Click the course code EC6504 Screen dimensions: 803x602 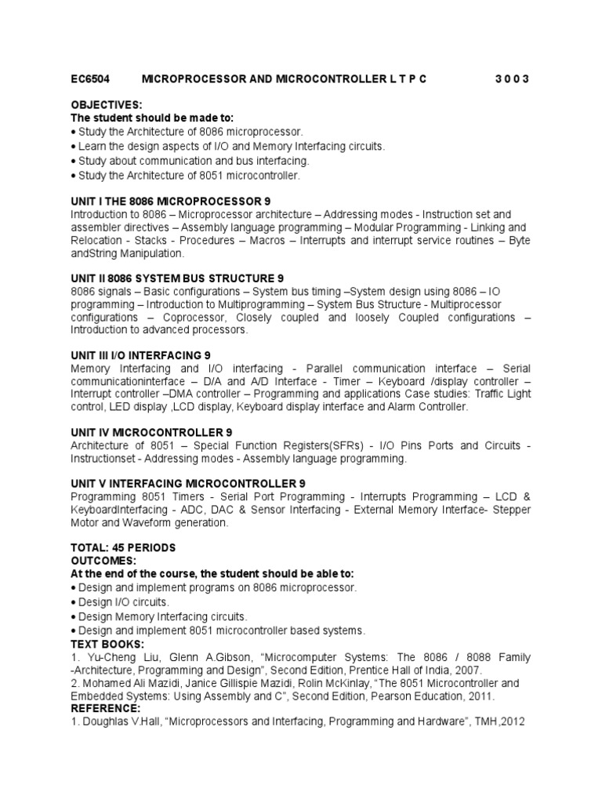pos(90,79)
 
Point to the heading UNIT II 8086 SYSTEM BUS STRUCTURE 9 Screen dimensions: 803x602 pos(177,278)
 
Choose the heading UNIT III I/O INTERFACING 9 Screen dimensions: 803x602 pos(141,355)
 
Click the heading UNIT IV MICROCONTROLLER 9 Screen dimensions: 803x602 pos(151,432)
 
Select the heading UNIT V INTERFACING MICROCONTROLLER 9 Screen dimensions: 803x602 pos(188,483)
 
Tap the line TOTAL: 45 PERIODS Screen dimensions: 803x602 pos(124,547)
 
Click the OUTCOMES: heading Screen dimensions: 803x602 pos(103,561)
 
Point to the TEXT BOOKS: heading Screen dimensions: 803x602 pos(107,644)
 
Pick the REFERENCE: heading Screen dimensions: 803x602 pos(105,708)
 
